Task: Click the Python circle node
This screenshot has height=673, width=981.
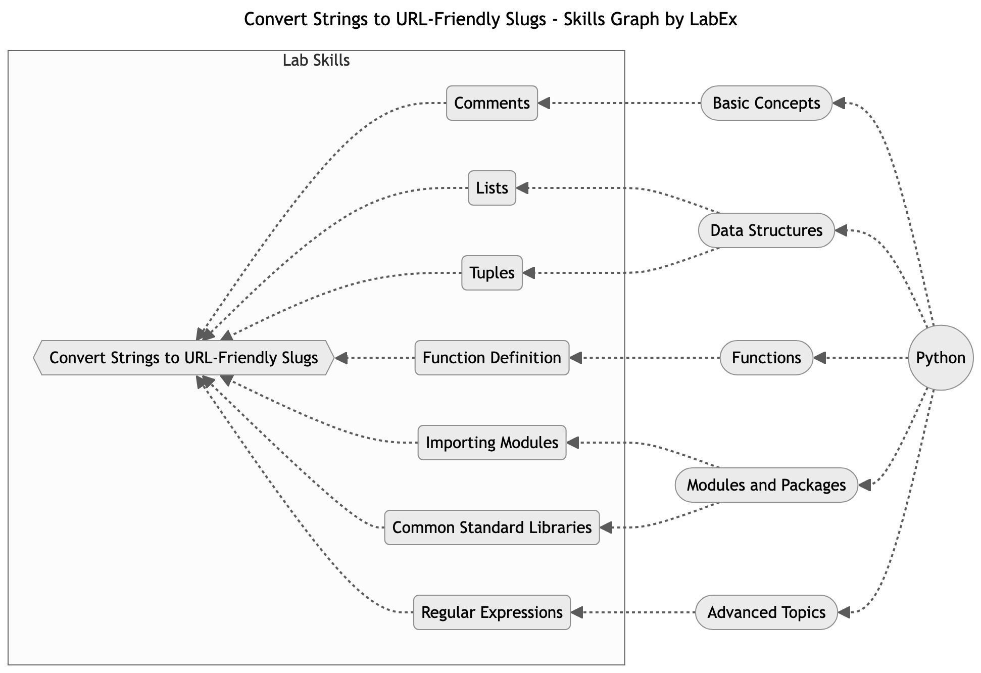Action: pyautogui.click(x=940, y=358)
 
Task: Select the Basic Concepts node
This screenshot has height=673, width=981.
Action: pyautogui.click(x=766, y=103)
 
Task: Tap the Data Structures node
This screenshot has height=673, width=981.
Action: pyautogui.click(x=766, y=230)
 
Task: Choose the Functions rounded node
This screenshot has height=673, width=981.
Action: pyautogui.click(x=766, y=358)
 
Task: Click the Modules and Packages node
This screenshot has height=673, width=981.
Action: pyautogui.click(x=766, y=485)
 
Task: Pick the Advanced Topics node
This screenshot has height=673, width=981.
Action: pyautogui.click(x=766, y=612)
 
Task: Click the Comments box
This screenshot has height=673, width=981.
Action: pyautogui.click(x=492, y=103)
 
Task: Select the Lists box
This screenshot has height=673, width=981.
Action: pyautogui.click(x=492, y=188)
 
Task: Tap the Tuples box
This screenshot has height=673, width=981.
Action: pyautogui.click(x=492, y=273)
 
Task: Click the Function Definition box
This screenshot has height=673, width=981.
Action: pyautogui.click(x=492, y=358)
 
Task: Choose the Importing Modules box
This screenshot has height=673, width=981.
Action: pyautogui.click(x=492, y=443)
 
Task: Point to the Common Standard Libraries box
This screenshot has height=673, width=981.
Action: pyautogui.click(x=492, y=527)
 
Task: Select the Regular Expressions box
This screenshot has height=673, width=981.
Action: pyautogui.click(x=492, y=612)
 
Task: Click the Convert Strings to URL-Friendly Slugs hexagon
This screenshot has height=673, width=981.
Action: pyautogui.click(x=184, y=358)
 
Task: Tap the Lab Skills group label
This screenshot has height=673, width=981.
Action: pyautogui.click(x=316, y=61)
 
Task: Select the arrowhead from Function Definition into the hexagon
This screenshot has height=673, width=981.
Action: pyautogui.click(x=341, y=358)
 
